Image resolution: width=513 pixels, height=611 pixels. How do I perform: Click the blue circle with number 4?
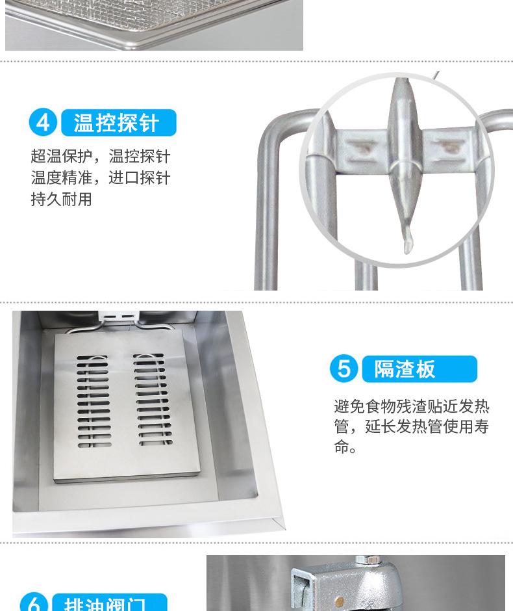(x=44, y=122)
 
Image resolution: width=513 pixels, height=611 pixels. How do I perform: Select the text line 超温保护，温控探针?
(x=100, y=157)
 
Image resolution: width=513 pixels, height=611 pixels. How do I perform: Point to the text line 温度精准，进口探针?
(x=100, y=178)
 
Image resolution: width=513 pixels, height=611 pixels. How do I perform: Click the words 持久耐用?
(x=61, y=200)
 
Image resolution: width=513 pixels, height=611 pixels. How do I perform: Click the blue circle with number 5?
(x=344, y=369)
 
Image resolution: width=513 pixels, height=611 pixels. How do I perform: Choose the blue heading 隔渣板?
(x=413, y=369)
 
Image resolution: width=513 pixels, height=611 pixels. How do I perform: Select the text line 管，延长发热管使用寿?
(x=411, y=428)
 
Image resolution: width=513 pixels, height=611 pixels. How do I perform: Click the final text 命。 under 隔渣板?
(x=345, y=448)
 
